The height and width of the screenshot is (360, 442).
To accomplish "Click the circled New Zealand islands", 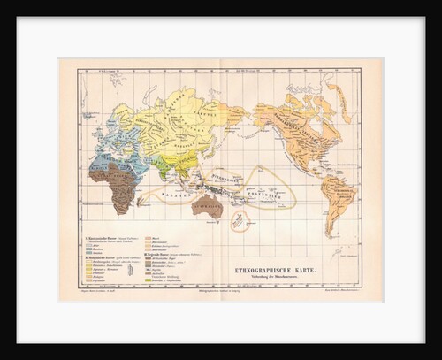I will tap(238, 221).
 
